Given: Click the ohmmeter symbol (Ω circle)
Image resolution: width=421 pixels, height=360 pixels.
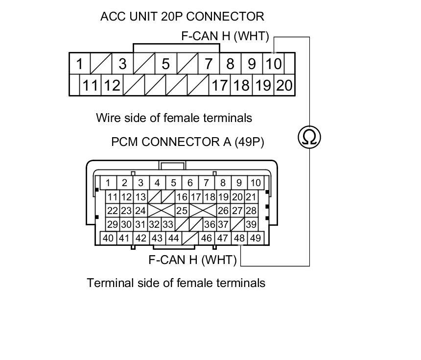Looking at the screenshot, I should coord(309,137).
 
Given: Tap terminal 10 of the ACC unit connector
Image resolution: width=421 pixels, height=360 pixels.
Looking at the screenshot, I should coord(274,64).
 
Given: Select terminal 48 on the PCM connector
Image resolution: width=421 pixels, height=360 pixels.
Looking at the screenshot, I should coord(239,238).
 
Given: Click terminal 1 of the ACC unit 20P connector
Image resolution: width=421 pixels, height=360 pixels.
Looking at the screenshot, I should coord(79,64).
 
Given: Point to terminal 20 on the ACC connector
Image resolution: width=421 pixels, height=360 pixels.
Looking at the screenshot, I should coord(284,86).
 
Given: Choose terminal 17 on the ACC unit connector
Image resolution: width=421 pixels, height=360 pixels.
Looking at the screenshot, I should coord(219,86).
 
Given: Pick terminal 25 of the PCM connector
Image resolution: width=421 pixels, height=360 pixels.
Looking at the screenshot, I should coord(182,211).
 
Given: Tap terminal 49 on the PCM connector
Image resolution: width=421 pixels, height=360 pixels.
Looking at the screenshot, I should coord(255,238).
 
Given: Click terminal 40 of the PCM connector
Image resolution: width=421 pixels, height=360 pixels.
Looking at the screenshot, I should coord(108,238).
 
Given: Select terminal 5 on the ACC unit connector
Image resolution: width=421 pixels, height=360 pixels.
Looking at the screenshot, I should coord(165,64).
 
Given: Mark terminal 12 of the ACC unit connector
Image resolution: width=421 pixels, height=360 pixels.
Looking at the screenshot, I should coord(112,86).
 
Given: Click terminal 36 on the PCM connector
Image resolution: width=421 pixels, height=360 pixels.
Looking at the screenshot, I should coord(210,224).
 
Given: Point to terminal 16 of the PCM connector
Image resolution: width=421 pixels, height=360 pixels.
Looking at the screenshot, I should coord(182,197).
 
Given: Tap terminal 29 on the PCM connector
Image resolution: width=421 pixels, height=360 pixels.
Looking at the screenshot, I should coord(113,224).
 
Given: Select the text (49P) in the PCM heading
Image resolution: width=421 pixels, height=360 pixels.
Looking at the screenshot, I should coord(249,142).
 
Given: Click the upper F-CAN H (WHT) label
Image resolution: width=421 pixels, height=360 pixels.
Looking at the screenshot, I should coord(225,36).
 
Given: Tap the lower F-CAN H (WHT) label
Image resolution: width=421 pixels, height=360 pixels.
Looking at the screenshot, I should coord(192,260).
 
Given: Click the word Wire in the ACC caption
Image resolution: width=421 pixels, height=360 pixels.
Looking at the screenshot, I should coord(108,118).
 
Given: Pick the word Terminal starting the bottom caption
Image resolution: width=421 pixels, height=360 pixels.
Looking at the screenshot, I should coord(108,283).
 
